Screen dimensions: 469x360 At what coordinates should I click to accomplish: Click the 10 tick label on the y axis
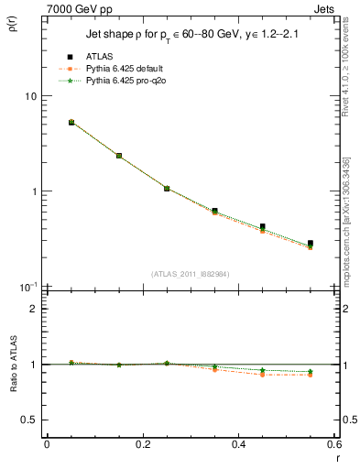[30, 96]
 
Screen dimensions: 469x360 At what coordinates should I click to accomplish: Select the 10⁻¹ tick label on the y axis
[28, 286]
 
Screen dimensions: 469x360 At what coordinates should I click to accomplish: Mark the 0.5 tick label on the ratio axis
[30, 420]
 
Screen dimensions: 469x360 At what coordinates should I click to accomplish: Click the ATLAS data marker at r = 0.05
[71, 122]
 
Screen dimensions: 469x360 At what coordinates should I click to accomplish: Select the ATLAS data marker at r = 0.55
[311, 244]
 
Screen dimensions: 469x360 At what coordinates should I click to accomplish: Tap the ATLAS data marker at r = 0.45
[263, 226]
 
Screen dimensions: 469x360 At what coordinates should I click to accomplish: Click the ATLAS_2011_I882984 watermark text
[190, 274]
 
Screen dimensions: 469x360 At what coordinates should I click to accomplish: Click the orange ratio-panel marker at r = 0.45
[263, 375]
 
